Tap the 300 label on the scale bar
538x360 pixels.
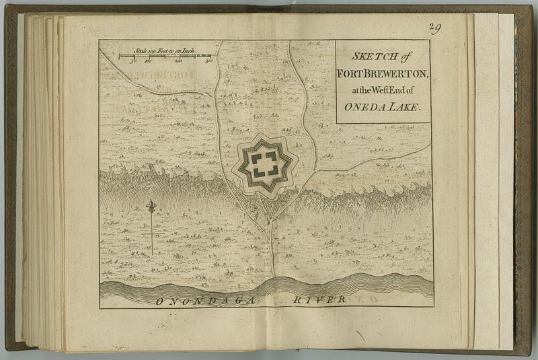click(208, 61)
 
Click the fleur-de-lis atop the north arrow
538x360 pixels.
click(151, 206)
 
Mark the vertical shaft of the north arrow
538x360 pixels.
click(151, 232)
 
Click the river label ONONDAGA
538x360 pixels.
click(205, 301)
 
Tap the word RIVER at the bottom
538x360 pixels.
click(319, 299)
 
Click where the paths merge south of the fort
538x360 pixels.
click(270, 221)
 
